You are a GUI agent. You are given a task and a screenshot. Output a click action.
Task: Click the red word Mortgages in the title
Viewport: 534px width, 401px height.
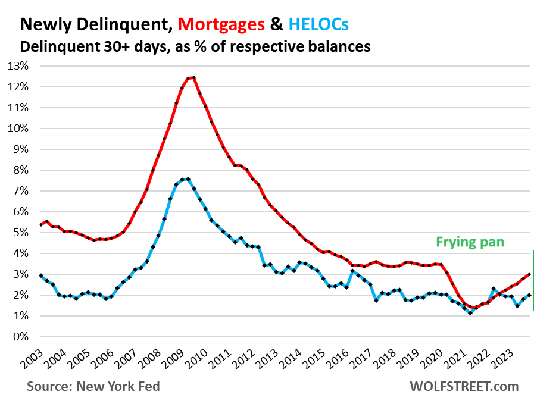coord(221,24)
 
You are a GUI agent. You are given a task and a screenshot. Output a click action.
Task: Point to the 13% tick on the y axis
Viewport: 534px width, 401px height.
coord(17,66)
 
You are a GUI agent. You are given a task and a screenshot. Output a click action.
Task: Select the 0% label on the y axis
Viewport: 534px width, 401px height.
coord(20,337)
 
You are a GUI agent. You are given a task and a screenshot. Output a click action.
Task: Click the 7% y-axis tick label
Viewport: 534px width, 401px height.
coord(20,191)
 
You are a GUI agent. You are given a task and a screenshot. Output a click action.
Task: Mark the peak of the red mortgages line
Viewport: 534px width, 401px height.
coord(194,77)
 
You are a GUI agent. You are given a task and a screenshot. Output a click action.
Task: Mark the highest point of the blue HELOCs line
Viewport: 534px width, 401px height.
coord(188,178)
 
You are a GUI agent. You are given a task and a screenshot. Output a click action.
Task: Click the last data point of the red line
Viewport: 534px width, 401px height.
coord(529,275)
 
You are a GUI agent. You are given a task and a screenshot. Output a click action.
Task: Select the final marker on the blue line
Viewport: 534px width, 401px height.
coord(529,295)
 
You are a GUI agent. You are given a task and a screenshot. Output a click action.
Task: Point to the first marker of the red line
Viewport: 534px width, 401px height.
coord(40,224)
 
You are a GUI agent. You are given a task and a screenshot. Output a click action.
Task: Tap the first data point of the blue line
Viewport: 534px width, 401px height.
coord(40,275)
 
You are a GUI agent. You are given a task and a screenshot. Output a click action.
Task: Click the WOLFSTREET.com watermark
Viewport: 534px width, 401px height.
coord(464,386)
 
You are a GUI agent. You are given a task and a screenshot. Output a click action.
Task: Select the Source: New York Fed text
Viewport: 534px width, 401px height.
coord(93,386)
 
